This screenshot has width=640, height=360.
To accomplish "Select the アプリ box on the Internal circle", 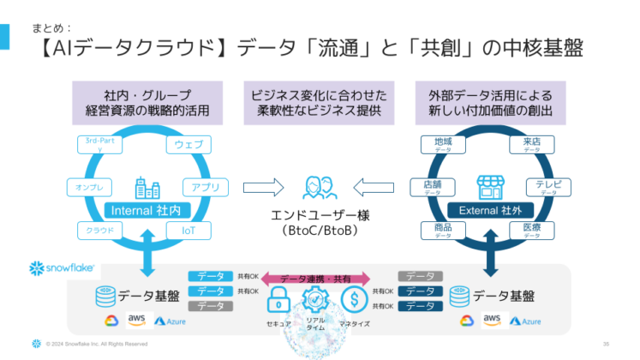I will pos(202,186).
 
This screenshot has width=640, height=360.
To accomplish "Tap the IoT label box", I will pos(188,230).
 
